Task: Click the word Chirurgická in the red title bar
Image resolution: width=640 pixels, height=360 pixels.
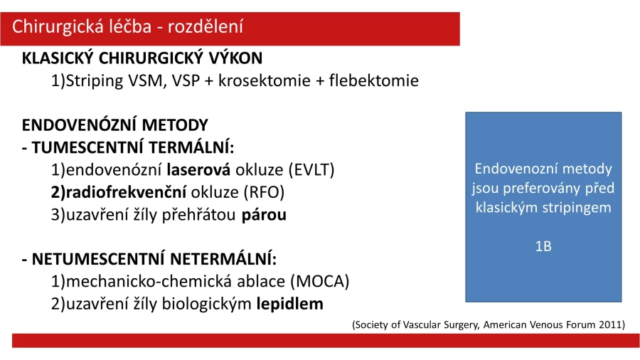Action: click(x=58, y=27)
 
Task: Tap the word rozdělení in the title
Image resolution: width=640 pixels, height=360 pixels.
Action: click(x=206, y=26)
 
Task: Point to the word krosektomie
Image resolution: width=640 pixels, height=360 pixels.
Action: click(x=265, y=80)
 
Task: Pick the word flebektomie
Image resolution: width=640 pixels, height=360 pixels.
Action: click(x=374, y=80)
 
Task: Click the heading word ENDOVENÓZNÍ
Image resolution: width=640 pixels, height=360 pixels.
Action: click(x=79, y=125)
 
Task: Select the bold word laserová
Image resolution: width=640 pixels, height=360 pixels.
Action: click(x=198, y=170)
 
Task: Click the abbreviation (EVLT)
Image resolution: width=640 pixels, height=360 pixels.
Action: click(x=311, y=170)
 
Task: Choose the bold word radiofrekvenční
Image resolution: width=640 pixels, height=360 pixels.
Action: click(x=126, y=192)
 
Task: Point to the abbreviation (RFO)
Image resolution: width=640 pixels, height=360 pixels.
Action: click(x=264, y=192)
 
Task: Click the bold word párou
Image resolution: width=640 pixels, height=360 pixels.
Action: click(x=264, y=215)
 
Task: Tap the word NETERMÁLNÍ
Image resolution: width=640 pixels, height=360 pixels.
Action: click(x=223, y=259)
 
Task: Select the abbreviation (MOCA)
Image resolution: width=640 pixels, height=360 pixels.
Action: click(x=320, y=282)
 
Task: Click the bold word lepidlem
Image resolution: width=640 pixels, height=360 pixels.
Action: click(x=290, y=304)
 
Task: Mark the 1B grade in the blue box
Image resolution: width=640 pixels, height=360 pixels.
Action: click(x=543, y=247)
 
